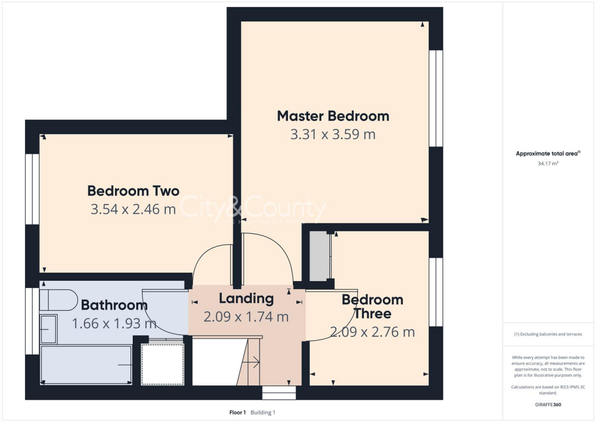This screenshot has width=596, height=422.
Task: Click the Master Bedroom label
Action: (333, 116)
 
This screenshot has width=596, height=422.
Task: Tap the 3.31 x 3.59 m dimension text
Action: (333, 135)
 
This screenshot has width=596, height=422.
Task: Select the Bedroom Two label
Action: (133, 191)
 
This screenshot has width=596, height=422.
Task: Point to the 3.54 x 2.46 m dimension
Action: (133, 209)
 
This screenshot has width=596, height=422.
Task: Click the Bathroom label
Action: (114, 305)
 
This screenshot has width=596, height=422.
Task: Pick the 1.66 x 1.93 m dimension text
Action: (114, 323)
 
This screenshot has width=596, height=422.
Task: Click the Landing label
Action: (246, 299)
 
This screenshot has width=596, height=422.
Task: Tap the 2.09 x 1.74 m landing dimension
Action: (246, 318)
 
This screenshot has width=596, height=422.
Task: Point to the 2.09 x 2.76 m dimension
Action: (372, 332)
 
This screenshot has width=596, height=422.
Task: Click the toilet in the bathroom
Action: (58, 300)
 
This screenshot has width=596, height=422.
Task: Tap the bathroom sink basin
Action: (48, 328)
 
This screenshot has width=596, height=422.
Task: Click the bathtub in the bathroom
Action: (86, 365)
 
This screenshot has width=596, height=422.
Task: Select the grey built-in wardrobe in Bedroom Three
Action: (318, 256)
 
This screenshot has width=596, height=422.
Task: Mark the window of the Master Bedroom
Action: (435, 98)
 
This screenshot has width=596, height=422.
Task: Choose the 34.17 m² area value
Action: (547, 164)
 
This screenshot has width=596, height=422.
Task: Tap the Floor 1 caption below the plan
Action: (237, 413)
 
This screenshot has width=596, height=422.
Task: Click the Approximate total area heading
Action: (548, 154)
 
